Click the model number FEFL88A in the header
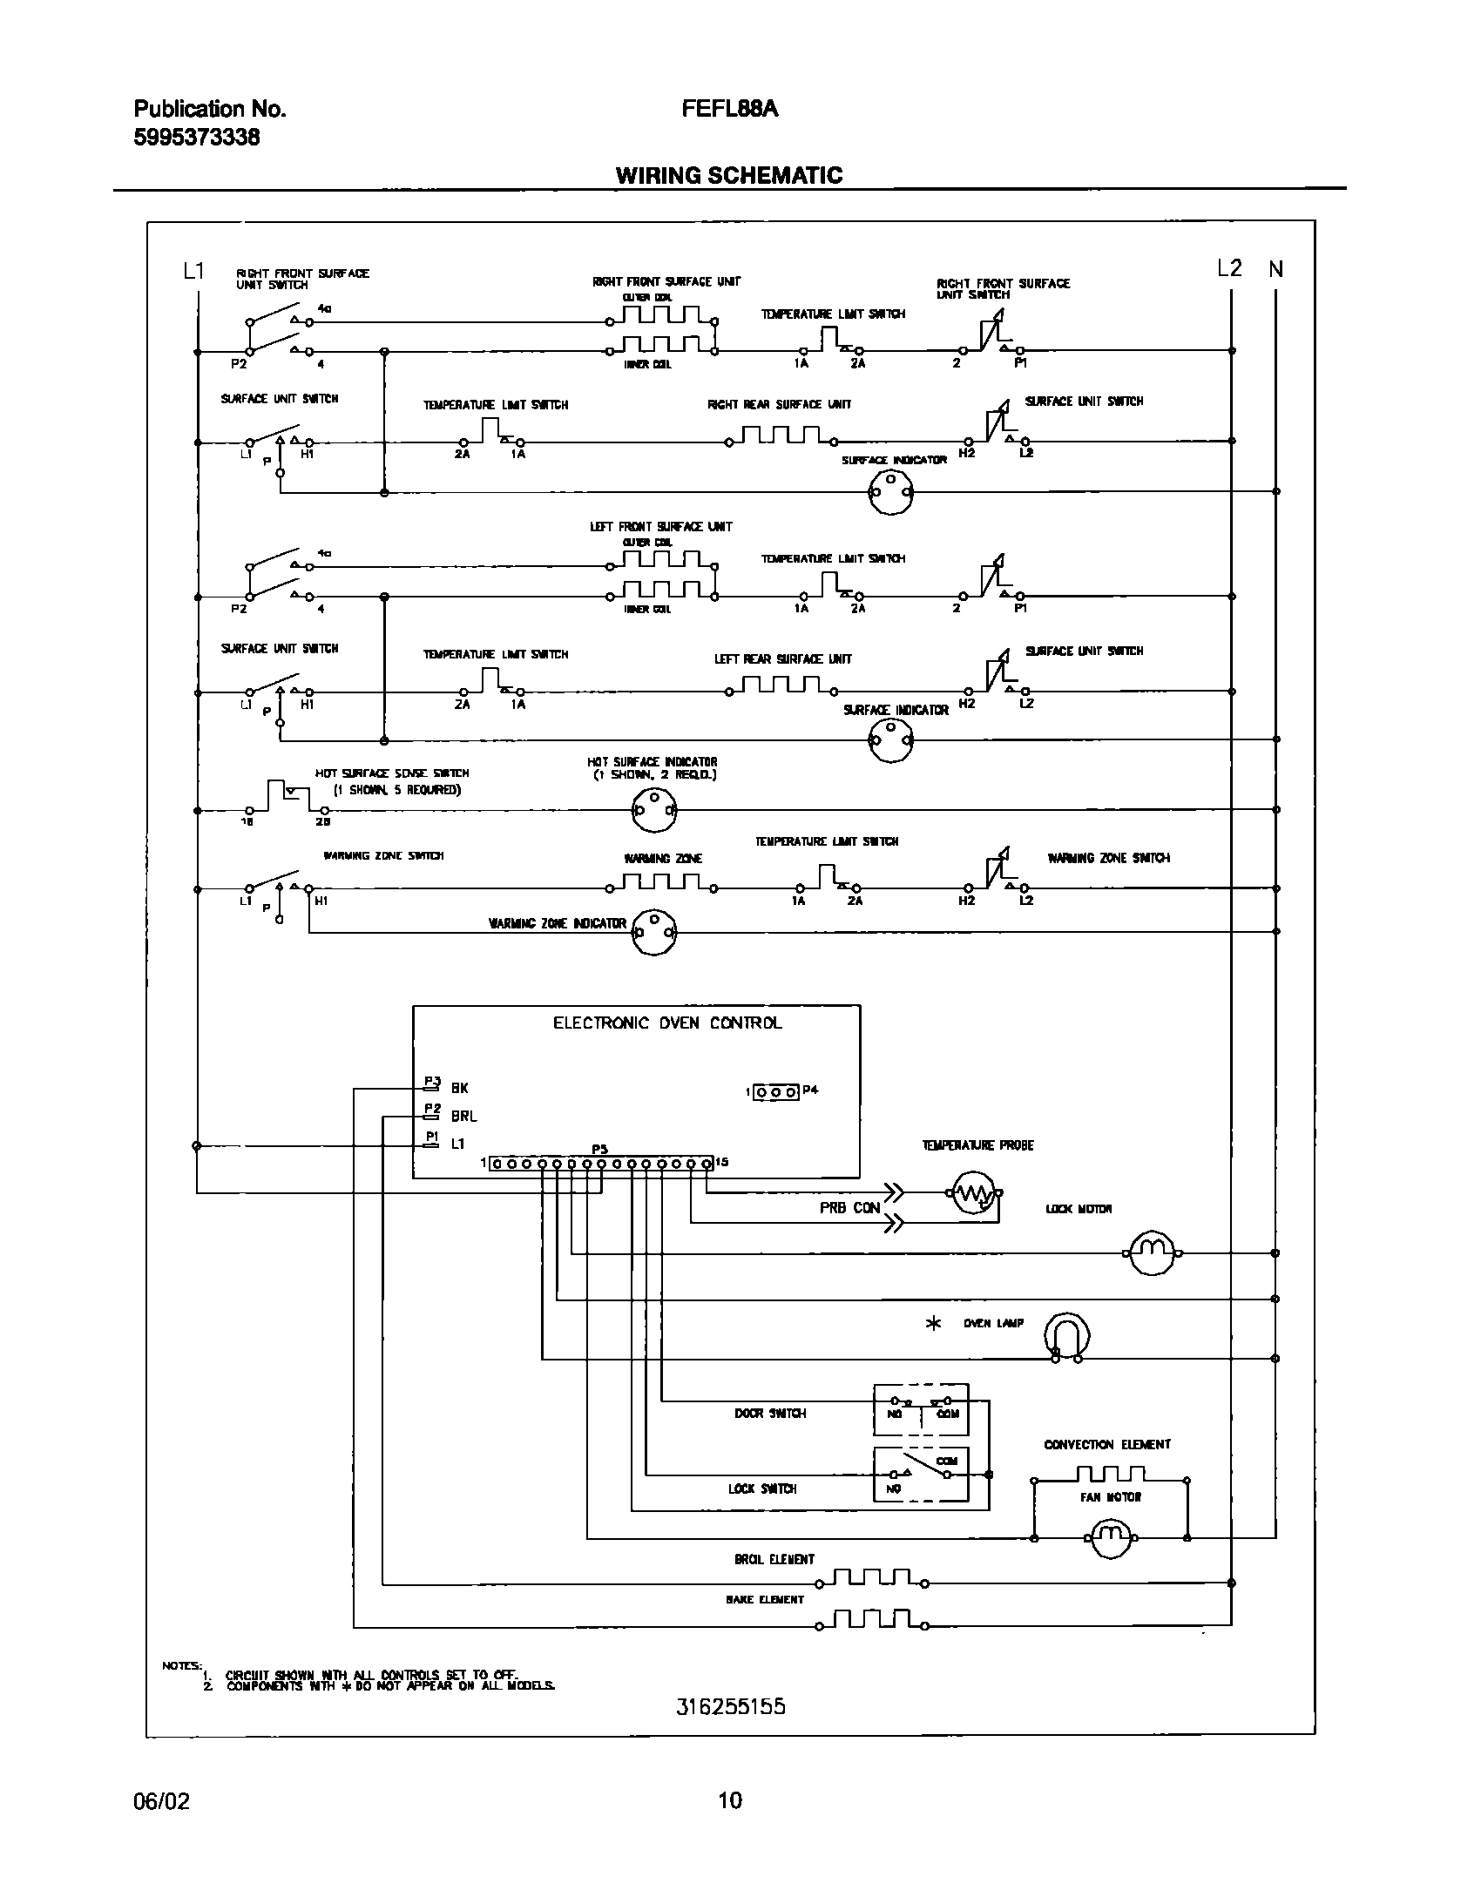729,109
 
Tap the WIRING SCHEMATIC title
729,175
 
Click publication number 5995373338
197,138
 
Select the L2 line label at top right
1229,268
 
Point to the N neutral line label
1276,269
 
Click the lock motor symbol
1152,1253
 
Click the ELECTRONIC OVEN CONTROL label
667,1023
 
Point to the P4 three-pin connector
775,1091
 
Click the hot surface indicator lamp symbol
653,810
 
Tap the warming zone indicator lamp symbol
653,931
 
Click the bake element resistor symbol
871,1622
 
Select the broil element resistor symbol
871,1579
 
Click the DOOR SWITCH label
769,1413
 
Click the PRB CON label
849,1208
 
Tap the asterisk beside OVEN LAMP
933,1324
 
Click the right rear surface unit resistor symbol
781,436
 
